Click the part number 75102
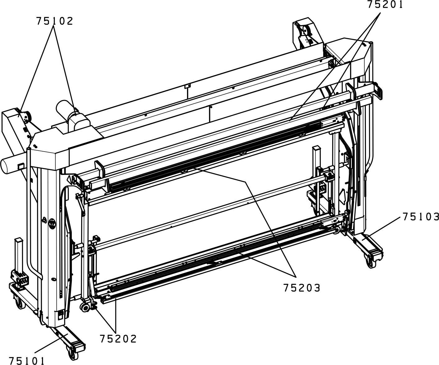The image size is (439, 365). pyautogui.click(x=55, y=21)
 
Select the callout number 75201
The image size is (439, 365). pyautogui.click(x=385, y=4)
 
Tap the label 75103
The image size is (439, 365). pyautogui.click(x=421, y=217)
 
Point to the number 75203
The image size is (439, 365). pyautogui.click(x=302, y=288)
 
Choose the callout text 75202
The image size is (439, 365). pyautogui.click(x=118, y=339)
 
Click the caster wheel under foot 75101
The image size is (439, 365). pyautogui.click(x=73, y=354)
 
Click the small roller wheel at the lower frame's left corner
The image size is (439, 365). pyautogui.click(x=85, y=308)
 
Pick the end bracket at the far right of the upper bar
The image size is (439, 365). pyautogui.click(x=378, y=90)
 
